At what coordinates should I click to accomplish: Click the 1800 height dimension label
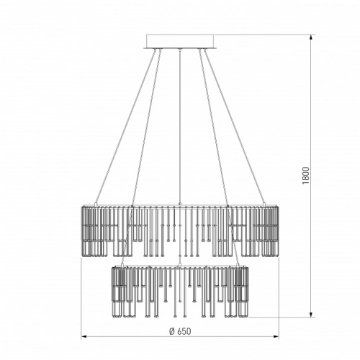306,176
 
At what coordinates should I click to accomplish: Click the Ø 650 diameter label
180,331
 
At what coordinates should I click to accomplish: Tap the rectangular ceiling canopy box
180,41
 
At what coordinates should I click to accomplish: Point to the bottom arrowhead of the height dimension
311,314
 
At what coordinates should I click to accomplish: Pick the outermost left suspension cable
125,127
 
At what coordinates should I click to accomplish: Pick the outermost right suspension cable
234,127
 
